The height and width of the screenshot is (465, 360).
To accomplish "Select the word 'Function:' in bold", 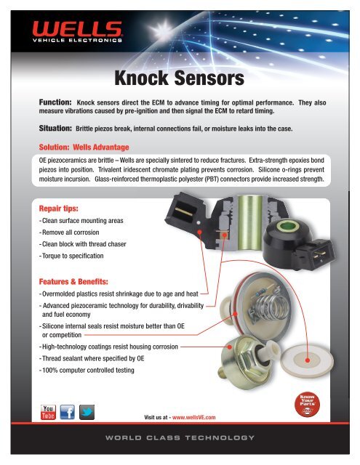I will tap(54, 103).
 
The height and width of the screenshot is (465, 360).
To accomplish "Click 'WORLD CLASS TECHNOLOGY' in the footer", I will tap(180, 438).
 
